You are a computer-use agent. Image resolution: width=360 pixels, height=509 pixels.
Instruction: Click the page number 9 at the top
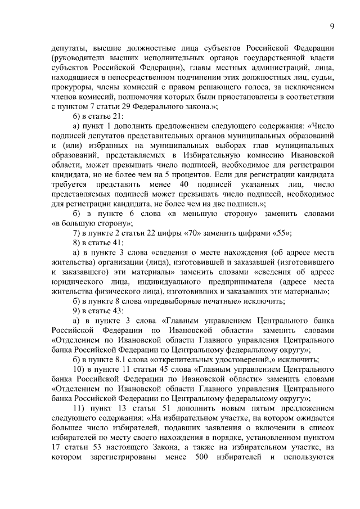pyautogui.click(x=332, y=26)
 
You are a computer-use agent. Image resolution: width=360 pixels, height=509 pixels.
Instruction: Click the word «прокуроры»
pyautogui.click(x=71, y=87)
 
